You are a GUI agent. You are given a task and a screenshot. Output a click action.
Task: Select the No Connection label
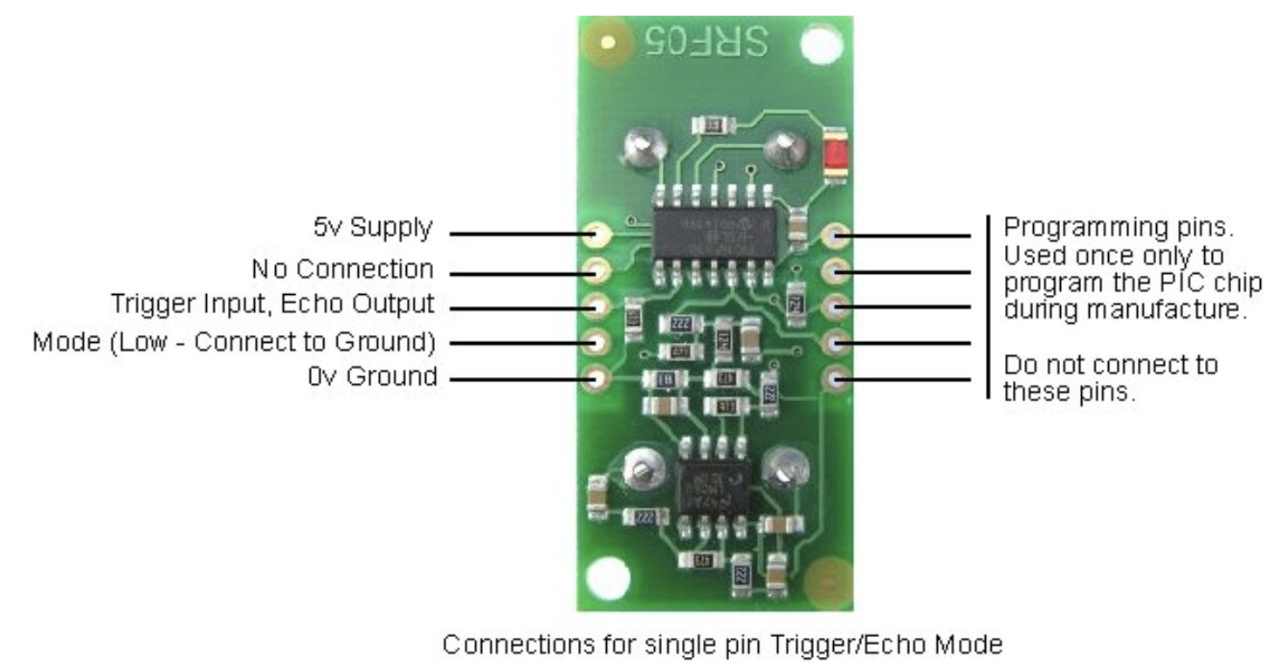coord(341,269)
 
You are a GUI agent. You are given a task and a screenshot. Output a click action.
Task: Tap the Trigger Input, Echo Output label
coord(272,305)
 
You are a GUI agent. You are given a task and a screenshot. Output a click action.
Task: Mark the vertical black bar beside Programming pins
coord(988,305)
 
